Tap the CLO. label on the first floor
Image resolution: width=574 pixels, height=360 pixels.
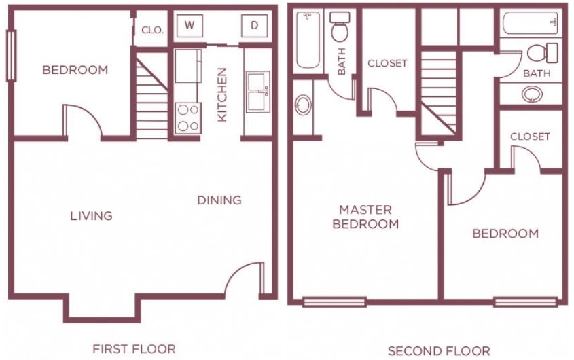click(152, 30)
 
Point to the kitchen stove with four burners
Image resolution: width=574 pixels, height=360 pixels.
click(187, 117)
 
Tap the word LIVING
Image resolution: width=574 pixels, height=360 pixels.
click(91, 216)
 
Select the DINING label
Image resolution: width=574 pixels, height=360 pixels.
click(219, 200)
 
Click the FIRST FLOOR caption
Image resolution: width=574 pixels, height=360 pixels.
click(134, 349)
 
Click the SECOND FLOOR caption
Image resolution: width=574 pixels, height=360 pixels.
click(438, 351)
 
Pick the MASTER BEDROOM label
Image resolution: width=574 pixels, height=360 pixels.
click(365, 217)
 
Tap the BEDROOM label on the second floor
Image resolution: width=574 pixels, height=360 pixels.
click(505, 234)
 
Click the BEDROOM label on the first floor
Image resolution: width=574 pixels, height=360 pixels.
click(75, 70)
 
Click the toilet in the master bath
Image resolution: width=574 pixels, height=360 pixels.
click(340, 29)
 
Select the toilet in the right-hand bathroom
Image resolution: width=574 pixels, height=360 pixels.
click(541, 52)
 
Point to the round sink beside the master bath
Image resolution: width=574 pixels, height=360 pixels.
click(304, 105)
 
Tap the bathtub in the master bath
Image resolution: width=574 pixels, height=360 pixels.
click(308, 41)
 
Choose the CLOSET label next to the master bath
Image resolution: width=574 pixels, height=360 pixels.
click(387, 63)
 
